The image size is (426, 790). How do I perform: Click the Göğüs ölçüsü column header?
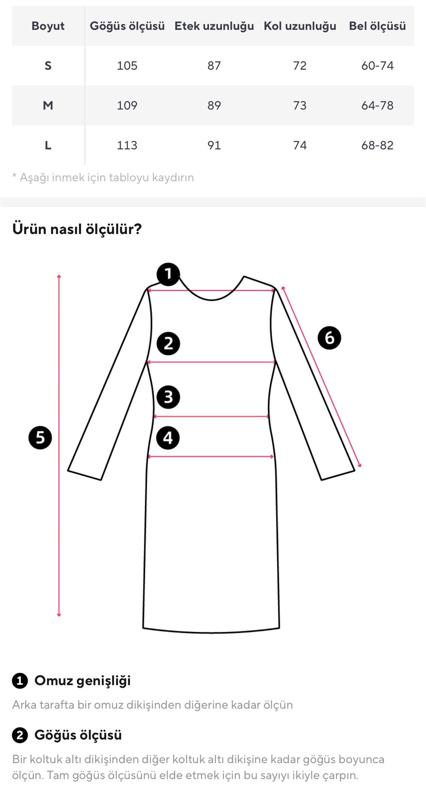(127, 26)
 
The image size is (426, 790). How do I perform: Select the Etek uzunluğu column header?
(214, 26)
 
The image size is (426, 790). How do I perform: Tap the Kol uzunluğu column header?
(300, 26)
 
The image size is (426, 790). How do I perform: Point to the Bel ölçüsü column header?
(377, 26)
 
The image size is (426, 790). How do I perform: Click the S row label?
(48, 66)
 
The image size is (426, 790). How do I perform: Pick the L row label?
(48, 145)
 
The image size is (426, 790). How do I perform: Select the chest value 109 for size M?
(127, 105)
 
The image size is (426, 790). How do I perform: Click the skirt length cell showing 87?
(214, 66)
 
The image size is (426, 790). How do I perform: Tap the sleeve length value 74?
(300, 145)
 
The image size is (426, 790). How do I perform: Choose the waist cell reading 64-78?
(377, 105)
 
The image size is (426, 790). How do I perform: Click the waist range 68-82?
(377, 145)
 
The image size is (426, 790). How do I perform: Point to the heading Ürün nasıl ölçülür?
(77, 229)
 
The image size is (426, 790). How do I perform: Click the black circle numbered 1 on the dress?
(168, 274)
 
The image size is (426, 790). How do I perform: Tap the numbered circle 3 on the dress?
(168, 397)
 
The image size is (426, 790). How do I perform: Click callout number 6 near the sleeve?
(329, 338)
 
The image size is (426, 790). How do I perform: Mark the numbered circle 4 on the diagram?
(168, 438)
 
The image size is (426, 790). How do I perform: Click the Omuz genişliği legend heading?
(82, 681)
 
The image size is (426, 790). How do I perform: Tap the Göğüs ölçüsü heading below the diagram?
(78, 735)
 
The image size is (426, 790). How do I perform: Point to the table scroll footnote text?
(103, 177)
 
